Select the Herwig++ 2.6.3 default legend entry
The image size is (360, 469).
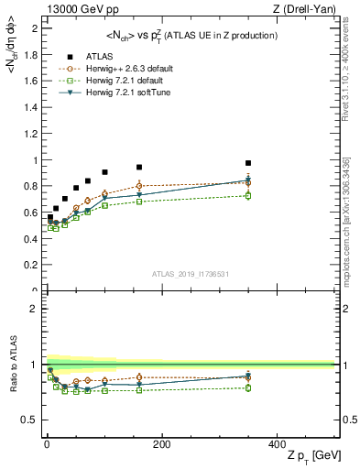pyautogui.click(x=129, y=68)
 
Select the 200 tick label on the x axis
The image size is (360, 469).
pyautogui.click(x=161, y=443)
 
